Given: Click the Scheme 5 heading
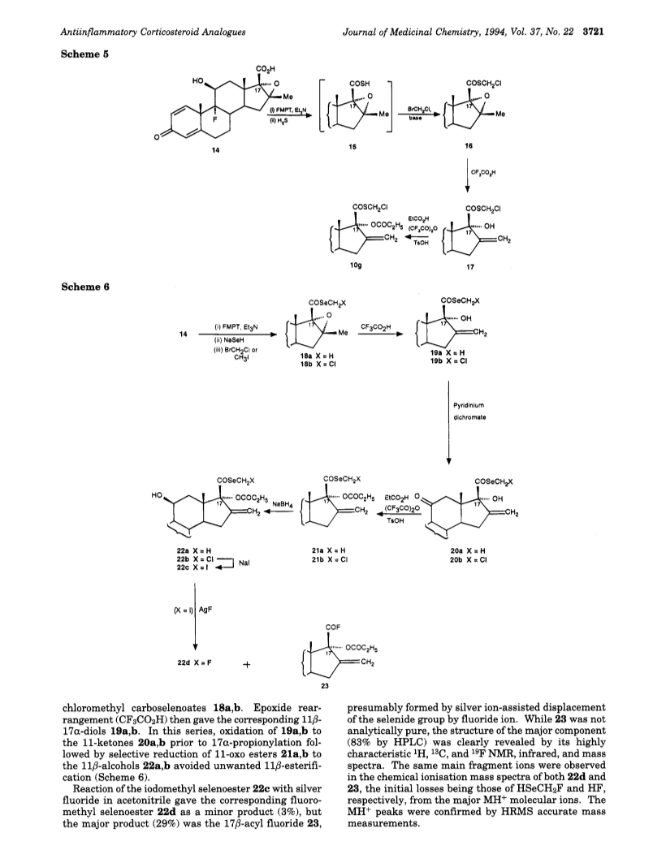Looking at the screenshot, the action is pyautogui.click(x=84, y=54).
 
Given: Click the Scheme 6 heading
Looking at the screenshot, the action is pyautogui.click(x=84, y=287).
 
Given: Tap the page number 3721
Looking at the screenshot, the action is pyautogui.click(x=593, y=32).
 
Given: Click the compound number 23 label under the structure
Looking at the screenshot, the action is pyautogui.click(x=325, y=687).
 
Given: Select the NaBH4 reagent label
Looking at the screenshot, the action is pyautogui.click(x=283, y=504).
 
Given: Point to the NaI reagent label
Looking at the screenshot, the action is pyautogui.click(x=244, y=563).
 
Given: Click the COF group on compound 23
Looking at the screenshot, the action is pyautogui.click(x=333, y=627).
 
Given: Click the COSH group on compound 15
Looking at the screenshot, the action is pyautogui.click(x=360, y=84).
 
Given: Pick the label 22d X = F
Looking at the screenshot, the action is pyautogui.click(x=192, y=663).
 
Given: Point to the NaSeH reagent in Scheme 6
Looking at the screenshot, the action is pyautogui.click(x=225, y=340).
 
